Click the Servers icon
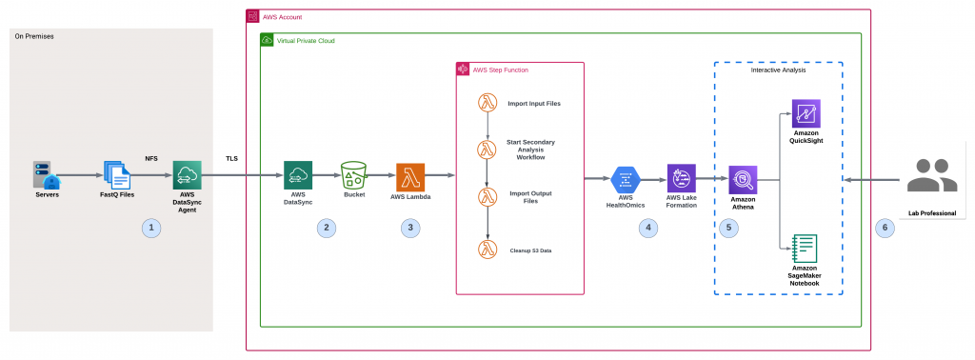45,176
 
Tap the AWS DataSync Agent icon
187,176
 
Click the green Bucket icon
354,176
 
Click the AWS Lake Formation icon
682,177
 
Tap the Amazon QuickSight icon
806,113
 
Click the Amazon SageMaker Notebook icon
806,247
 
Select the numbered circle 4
649,228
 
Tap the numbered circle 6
885,228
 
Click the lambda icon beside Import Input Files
487,102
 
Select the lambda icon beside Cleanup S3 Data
487,250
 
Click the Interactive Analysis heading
778,71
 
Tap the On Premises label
33,36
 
